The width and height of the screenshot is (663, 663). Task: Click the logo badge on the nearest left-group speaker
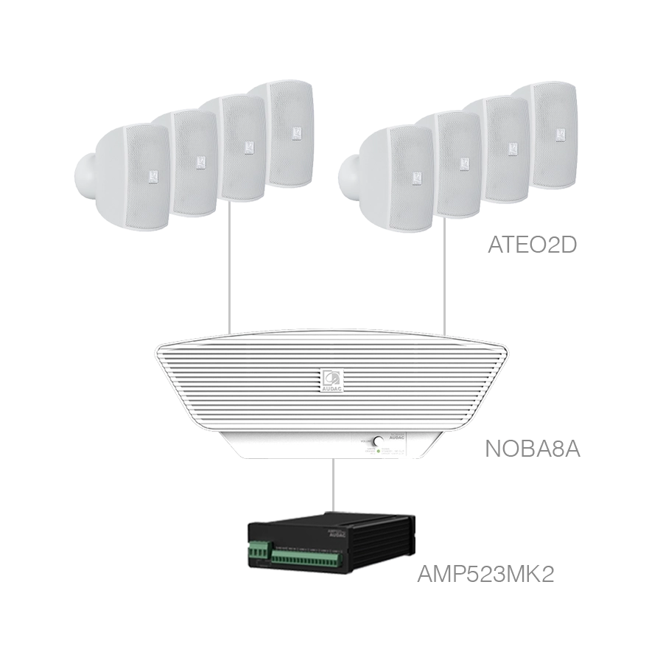tap(153, 175)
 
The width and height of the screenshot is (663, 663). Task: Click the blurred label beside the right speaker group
tap(530, 245)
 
